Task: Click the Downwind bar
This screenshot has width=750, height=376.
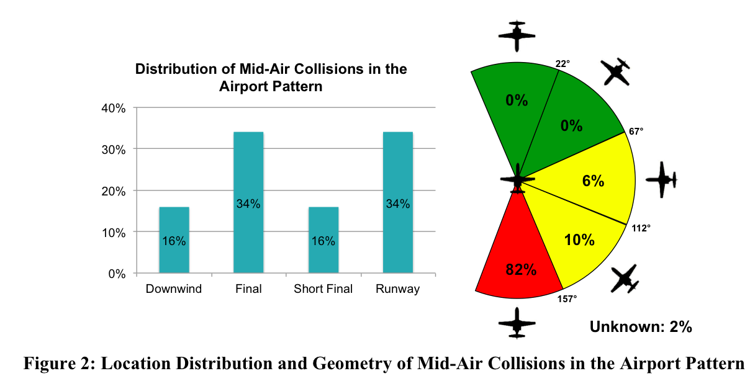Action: (x=174, y=240)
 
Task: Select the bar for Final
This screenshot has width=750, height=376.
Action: (x=248, y=202)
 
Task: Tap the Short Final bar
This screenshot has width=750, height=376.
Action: (x=323, y=240)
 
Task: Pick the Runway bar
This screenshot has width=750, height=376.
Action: (x=398, y=202)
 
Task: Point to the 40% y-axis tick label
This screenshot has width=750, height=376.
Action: (x=114, y=108)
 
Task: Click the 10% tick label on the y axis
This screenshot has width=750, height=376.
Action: (x=114, y=232)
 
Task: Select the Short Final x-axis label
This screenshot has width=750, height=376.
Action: (x=323, y=289)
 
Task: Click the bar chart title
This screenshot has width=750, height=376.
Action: (x=271, y=77)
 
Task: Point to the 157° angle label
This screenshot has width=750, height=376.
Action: (x=567, y=298)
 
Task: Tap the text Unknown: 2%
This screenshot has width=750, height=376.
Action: (x=641, y=327)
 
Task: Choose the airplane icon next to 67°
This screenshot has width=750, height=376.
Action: (x=617, y=72)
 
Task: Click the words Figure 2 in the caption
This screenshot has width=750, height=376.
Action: (x=53, y=363)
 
